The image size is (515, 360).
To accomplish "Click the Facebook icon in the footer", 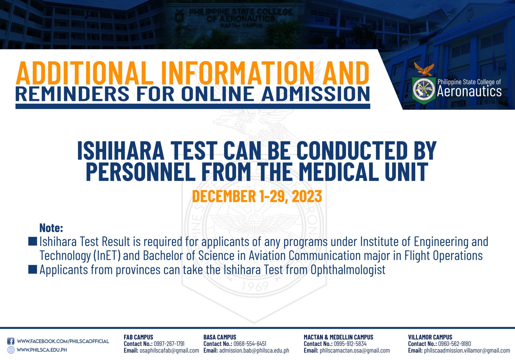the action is pos(11,341).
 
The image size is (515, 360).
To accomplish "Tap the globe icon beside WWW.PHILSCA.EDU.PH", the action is pos(11,350).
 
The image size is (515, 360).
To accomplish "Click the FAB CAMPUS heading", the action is pos(138,337).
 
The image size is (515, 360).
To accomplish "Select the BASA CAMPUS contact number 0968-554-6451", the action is pos(250,344).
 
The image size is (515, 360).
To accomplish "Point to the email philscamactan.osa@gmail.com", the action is pos(355,350).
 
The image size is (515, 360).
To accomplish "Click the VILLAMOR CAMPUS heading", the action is pos(430,337).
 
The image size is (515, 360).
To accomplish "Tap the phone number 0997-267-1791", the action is pos(169,344).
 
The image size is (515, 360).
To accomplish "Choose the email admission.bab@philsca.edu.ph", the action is pos(254,350).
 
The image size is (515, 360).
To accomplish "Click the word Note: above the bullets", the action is pos(51,228).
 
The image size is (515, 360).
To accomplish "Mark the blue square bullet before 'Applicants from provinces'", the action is pos(33,269).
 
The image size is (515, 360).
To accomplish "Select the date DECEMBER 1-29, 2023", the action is pos(257,196).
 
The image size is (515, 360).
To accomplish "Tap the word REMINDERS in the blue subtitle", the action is pos(72,94).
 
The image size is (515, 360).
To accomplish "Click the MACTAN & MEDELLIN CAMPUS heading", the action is pos(338,337).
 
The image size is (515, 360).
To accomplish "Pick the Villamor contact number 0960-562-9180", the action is pos(454,344).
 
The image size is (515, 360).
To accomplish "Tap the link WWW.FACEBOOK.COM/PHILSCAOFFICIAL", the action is pos(63,341).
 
